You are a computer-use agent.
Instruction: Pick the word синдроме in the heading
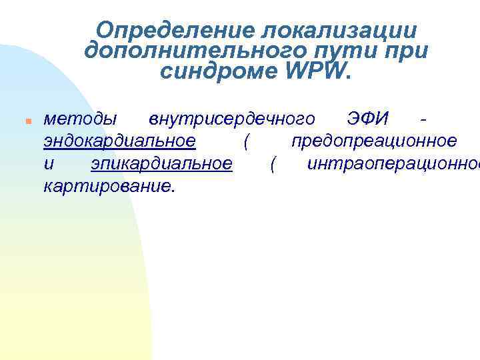coord(215,71)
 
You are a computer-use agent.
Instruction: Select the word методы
coord(79,119)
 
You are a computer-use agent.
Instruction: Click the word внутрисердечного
coord(232,119)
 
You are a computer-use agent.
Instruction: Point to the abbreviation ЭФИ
coord(377,119)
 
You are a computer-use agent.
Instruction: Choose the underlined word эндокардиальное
coord(119,141)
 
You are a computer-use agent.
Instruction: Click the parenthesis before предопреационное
coord(247,141)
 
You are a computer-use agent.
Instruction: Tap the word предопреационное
coord(374,141)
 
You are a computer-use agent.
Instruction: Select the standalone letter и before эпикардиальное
coord(48,163)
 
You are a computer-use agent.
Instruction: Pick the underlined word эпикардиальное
coord(162,163)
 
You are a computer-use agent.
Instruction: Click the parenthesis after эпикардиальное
coord(272,163)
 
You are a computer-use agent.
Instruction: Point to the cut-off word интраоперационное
coord(393,163)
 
